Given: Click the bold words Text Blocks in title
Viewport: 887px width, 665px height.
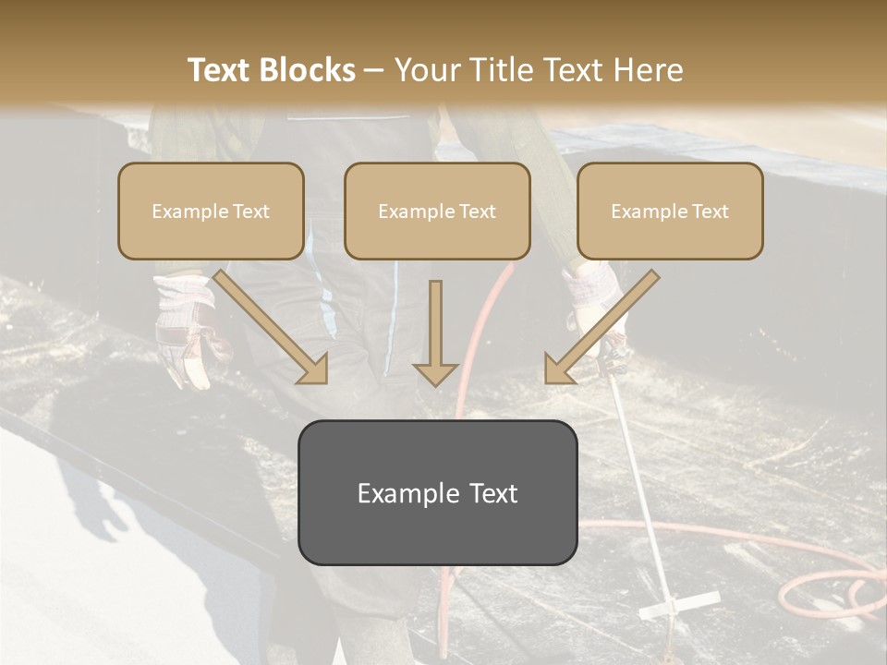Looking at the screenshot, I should [271, 70].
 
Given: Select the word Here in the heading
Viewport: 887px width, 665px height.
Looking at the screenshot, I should [650, 70].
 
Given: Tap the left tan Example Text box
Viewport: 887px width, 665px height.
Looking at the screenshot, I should [211, 211].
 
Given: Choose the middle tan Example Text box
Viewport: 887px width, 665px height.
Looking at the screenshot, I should [437, 211].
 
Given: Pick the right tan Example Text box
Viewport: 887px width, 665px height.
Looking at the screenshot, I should [670, 211].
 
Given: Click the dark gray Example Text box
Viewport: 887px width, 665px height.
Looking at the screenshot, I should [437, 492].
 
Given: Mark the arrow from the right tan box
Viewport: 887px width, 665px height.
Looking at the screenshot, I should [601, 328].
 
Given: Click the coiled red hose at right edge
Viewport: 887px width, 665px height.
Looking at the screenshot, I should [827, 591].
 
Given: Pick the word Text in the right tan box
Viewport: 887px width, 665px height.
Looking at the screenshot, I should [711, 211].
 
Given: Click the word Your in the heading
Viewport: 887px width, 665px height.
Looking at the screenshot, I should [424, 70].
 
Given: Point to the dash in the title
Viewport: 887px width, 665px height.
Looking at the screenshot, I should [374, 70].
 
